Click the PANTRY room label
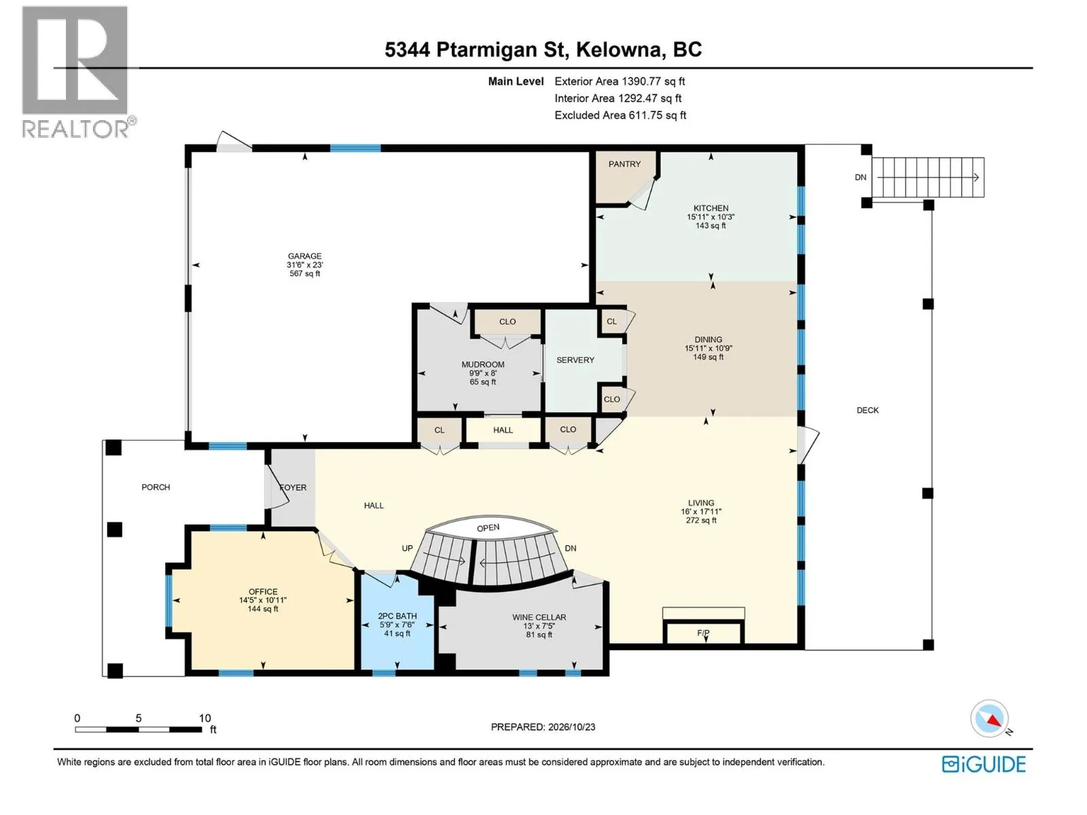click(624, 164)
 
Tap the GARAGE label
click(304, 256)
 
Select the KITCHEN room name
click(711, 209)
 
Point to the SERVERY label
click(575, 360)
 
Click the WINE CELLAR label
click(539, 617)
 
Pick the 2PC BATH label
click(397, 616)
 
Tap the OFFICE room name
click(263, 592)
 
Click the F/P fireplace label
click(702, 633)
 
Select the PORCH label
click(156, 488)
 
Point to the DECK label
click(867, 410)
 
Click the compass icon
click(989, 719)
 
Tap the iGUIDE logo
click(983, 765)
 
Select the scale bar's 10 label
click(205, 718)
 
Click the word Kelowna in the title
click(619, 50)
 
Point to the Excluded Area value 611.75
click(645, 115)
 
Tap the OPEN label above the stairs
click(488, 528)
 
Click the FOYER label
click(293, 488)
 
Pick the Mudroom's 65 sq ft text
click(483, 382)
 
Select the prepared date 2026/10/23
click(571, 727)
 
